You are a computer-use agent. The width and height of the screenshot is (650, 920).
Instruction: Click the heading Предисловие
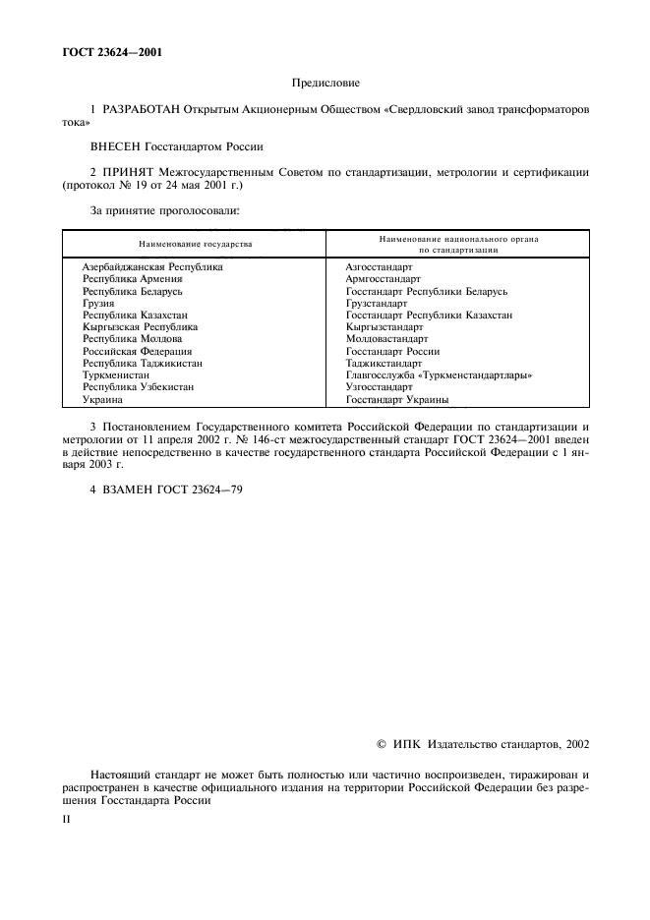point(325,85)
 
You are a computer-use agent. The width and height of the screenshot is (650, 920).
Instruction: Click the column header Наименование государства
point(195,243)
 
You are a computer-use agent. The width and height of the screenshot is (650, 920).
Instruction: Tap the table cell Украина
point(102,400)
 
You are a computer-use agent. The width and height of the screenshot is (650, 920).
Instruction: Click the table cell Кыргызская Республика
point(140,326)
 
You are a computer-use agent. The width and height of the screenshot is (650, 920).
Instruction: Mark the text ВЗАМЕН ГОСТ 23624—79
point(166,489)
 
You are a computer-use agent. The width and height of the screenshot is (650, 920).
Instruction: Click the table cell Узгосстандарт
point(379,387)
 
